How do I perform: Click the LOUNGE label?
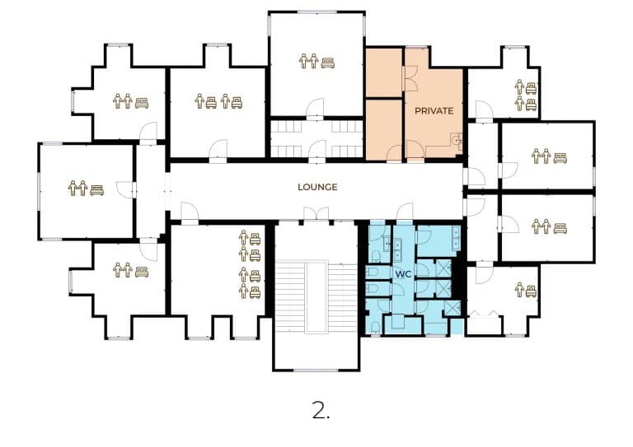(317, 187)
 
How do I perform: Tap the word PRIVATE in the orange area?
(434, 110)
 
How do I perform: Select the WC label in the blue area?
(403, 274)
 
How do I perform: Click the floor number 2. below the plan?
(321, 410)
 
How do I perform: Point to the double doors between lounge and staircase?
(316, 214)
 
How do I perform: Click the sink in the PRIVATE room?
(456, 140)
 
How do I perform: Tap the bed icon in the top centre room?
(328, 63)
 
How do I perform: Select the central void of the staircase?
(316, 297)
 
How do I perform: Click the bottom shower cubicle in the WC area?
(452, 308)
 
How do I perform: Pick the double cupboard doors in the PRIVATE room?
(410, 78)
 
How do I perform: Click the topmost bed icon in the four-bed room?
(255, 240)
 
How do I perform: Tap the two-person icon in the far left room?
(77, 189)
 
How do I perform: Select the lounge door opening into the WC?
(405, 212)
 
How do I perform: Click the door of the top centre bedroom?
(316, 109)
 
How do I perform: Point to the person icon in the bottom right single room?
(519, 290)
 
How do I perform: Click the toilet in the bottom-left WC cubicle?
(375, 327)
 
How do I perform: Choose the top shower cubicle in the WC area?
(443, 268)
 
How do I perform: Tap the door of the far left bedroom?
(125, 190)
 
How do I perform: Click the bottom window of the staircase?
(316, 370)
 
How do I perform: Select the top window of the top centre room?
(317, 12)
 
